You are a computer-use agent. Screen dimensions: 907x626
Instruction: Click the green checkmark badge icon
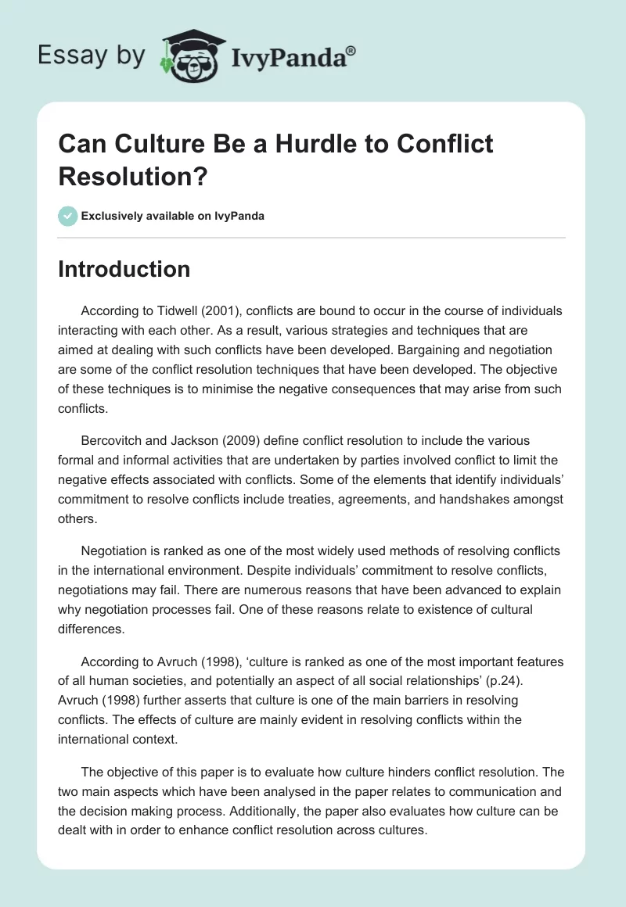tap(67, 216)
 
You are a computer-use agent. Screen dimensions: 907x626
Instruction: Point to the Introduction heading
tap(124, 269)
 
